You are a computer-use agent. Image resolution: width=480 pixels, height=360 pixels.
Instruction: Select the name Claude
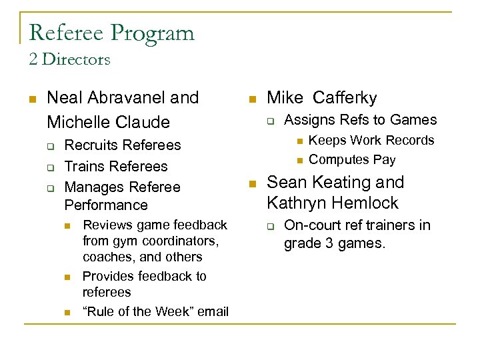pyautogui.click(x=141, y=122)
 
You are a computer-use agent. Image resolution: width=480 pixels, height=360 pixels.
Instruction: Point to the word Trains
pyautogui.click(x=83, y=167)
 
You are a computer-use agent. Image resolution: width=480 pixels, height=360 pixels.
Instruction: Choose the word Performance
pyautogui.click(x=106, y=205)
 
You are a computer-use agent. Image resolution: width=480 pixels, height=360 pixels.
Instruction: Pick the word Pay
pyautogui.click(x=385, y=160)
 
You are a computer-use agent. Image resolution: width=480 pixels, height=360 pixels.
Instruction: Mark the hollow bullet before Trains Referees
pyautogui.click(x=49, y=167)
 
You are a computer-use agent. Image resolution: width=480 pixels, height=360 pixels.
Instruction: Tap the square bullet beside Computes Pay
pyautogui.click(x=299, y=160)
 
